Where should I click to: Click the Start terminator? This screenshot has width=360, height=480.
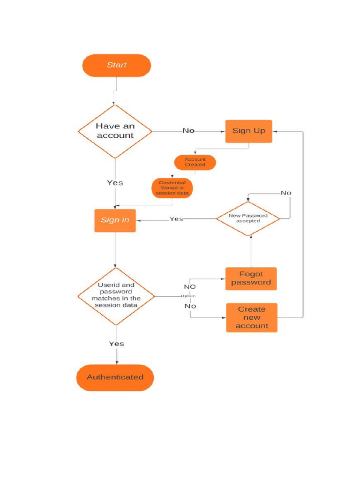point(116,65)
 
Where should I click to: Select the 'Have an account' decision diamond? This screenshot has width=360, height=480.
point(115,131)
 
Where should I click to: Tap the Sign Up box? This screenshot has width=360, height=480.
point(248,131)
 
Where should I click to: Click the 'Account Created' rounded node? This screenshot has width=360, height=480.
point(195,162)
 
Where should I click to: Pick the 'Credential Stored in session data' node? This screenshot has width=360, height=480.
point(172,187)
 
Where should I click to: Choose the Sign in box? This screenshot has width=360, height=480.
point(115,220)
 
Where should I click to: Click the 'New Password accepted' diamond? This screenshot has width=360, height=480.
point(248,218)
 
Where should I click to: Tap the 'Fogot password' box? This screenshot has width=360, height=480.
point(251,278)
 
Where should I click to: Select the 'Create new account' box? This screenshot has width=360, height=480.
point(252,317)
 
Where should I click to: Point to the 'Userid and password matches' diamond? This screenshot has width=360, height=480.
point(116,295)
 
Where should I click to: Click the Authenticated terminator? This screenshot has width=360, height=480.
point(115,377)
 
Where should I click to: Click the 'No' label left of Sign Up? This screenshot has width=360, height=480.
point(188,131)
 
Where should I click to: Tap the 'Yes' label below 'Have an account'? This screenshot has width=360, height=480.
point(115,183)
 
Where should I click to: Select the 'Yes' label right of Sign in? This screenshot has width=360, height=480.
point(176,219)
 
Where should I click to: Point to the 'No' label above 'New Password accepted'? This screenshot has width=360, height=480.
point(285,193)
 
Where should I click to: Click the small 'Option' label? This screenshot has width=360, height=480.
point(188,296)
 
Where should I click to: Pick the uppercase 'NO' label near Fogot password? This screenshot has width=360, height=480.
point(189,287)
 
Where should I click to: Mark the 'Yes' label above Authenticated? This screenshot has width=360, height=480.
point(116,344)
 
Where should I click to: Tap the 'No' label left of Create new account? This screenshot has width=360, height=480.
point(190,306)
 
